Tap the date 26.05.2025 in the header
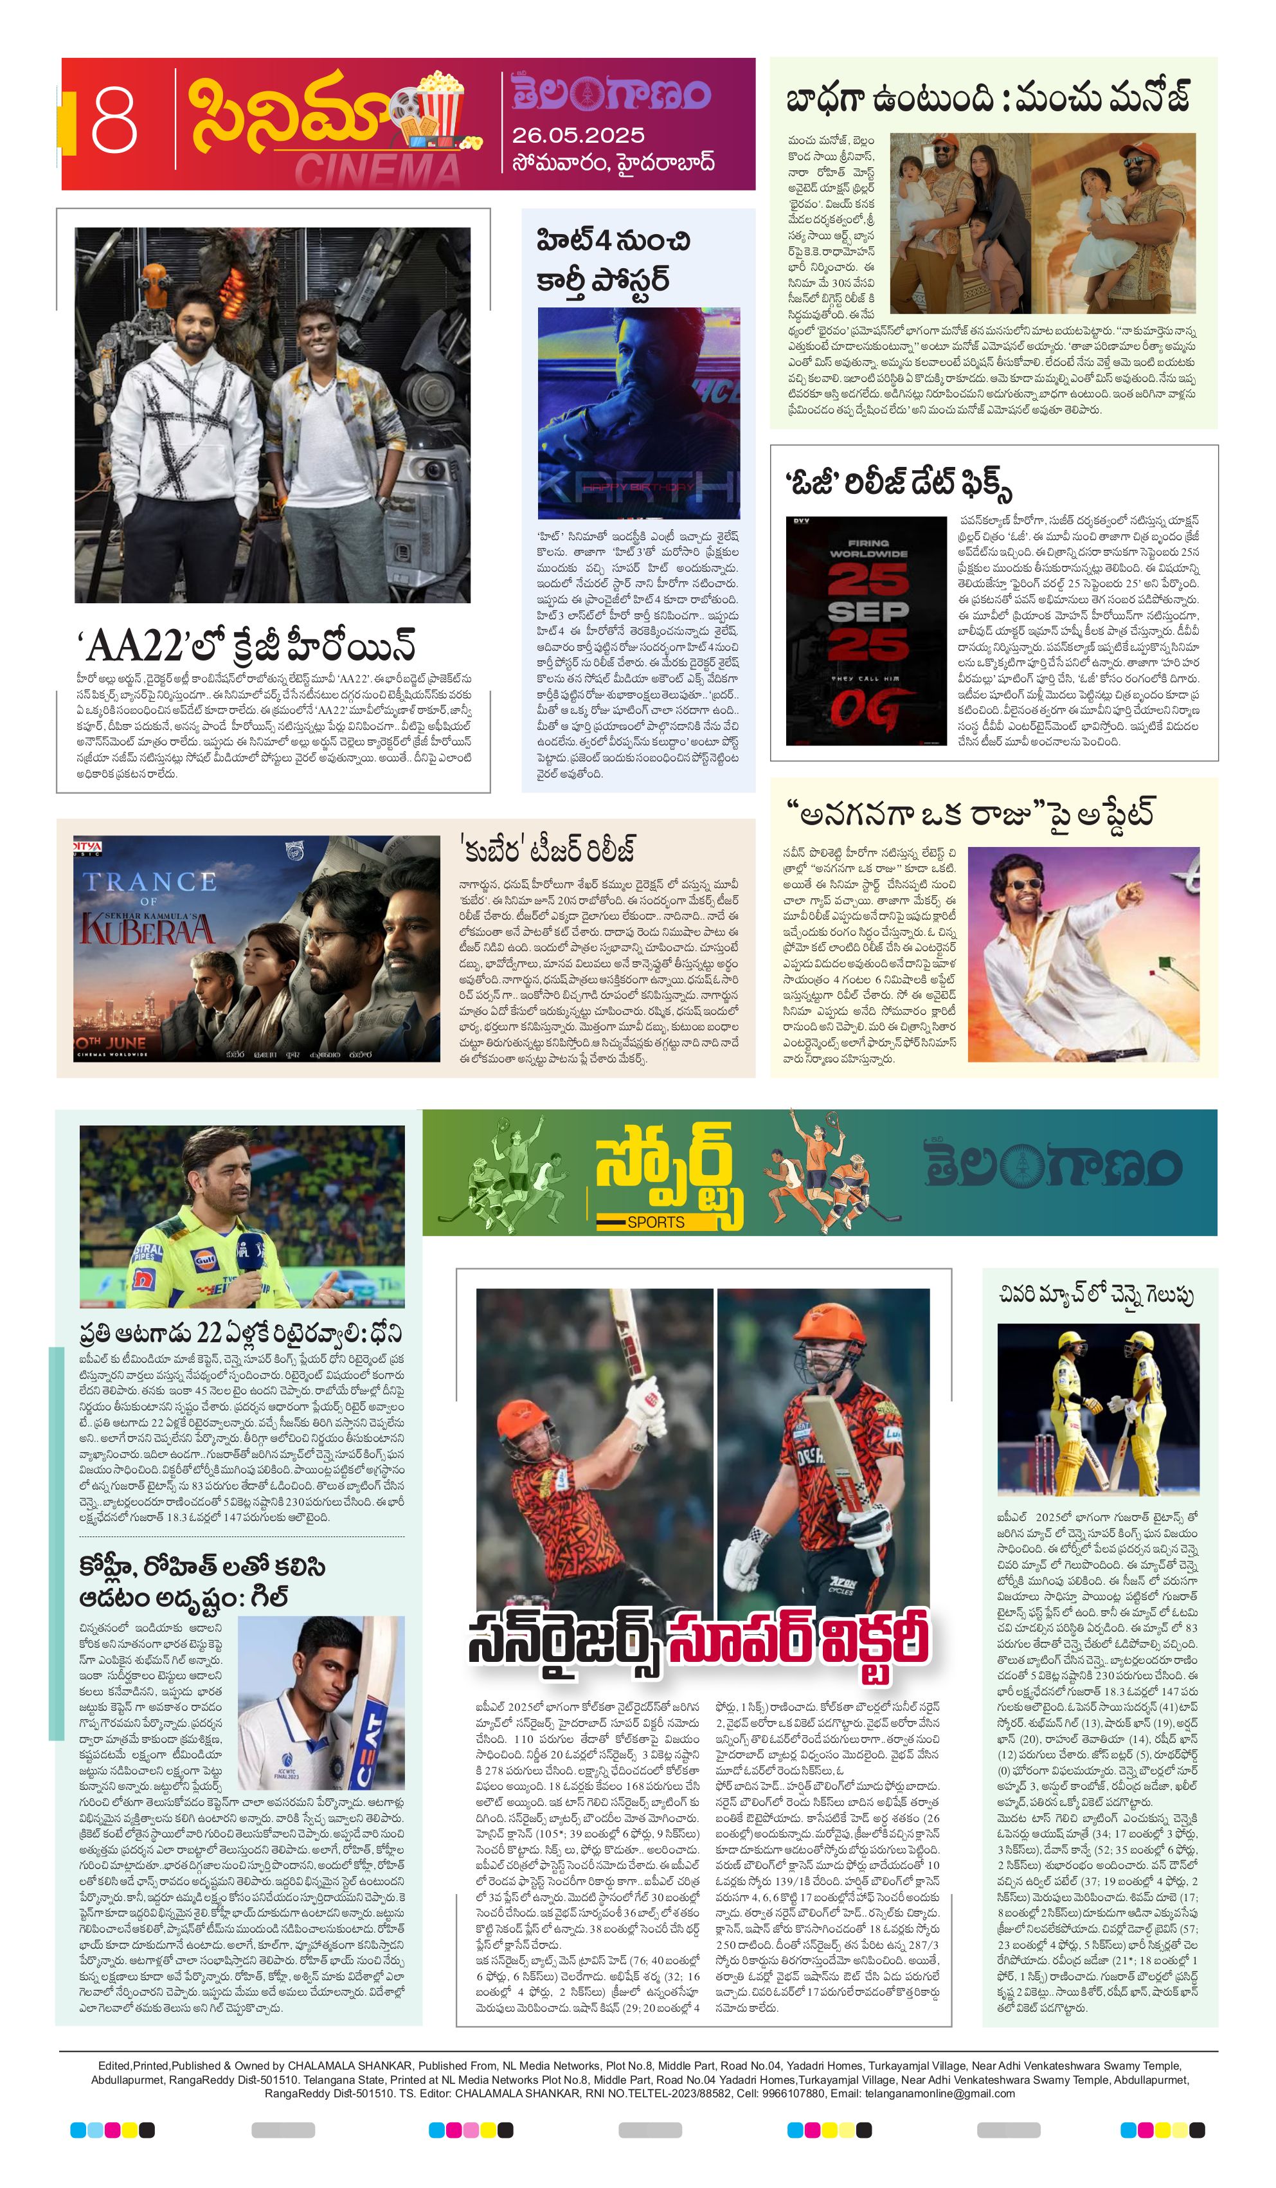click(577, 136)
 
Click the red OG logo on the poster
click(864, 710)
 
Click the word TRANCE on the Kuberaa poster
click(148, 882)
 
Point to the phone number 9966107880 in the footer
click(793, 2093)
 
